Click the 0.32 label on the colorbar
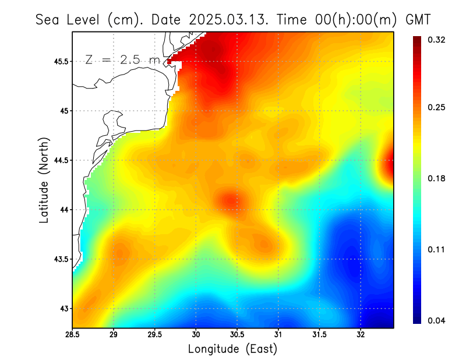tap(437, 40)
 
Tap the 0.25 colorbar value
tap(437, 108)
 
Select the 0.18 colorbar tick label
tap(437, 178)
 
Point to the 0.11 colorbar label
tap(437, 249)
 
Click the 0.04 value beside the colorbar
tap(437, 320)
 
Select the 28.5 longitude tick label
tap(72, 335)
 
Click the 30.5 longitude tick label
tap(237, 335)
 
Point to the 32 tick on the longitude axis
tap(361, 335)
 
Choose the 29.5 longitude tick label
tap(155, 335)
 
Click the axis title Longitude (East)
tap(232, 349)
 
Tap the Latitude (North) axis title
tap(44, 180)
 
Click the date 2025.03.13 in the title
tap(228, 20)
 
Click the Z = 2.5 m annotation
tap(122, 59)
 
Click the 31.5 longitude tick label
tap(319, 335)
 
